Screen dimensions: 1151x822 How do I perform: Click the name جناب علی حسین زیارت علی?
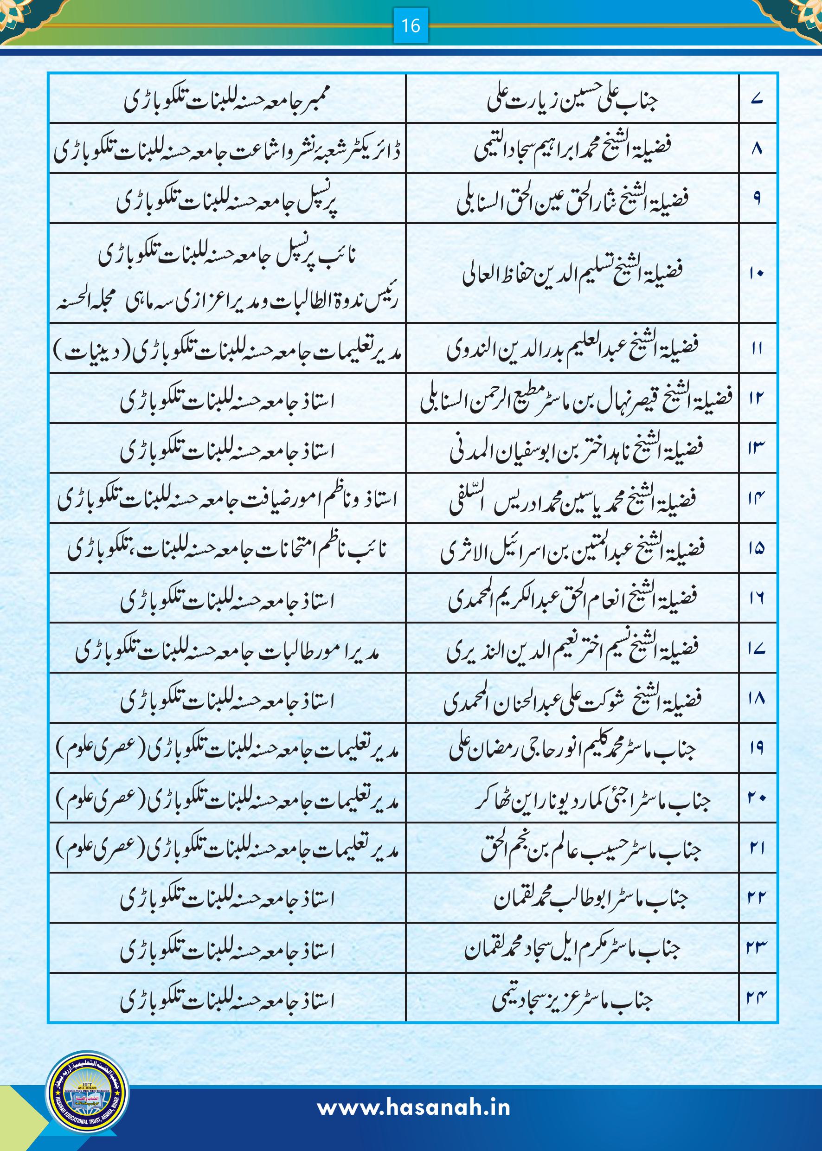(572, 100)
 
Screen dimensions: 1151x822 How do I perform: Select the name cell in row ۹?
(572, 199)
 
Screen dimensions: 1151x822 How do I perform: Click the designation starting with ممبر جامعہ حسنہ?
(226, 101)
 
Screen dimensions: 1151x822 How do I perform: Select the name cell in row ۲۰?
(592, 799)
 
